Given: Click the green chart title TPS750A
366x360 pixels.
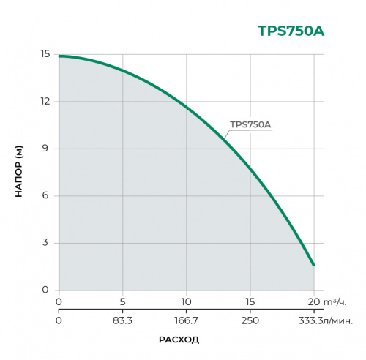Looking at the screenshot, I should [291, 31].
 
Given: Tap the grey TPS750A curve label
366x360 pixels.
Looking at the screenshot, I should [250, 124].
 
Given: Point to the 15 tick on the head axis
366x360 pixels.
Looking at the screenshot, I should [45, 54].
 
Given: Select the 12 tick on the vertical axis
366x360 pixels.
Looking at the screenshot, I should [45, 101].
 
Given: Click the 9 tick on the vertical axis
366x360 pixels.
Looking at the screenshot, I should [46, 149].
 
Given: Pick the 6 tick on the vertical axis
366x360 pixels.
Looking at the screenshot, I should [46, 195].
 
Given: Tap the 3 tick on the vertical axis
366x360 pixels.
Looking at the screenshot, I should [46, 243].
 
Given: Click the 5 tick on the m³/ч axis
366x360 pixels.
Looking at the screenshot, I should [123, 301].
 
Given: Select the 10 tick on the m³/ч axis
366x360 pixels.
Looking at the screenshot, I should [187, 301].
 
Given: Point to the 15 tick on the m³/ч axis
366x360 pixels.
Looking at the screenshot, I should [250, 301].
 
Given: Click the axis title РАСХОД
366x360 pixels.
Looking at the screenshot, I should [179, 340].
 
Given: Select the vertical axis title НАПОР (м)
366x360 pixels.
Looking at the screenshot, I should [19, 172].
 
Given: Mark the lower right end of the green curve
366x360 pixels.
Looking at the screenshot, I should [313, 265].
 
